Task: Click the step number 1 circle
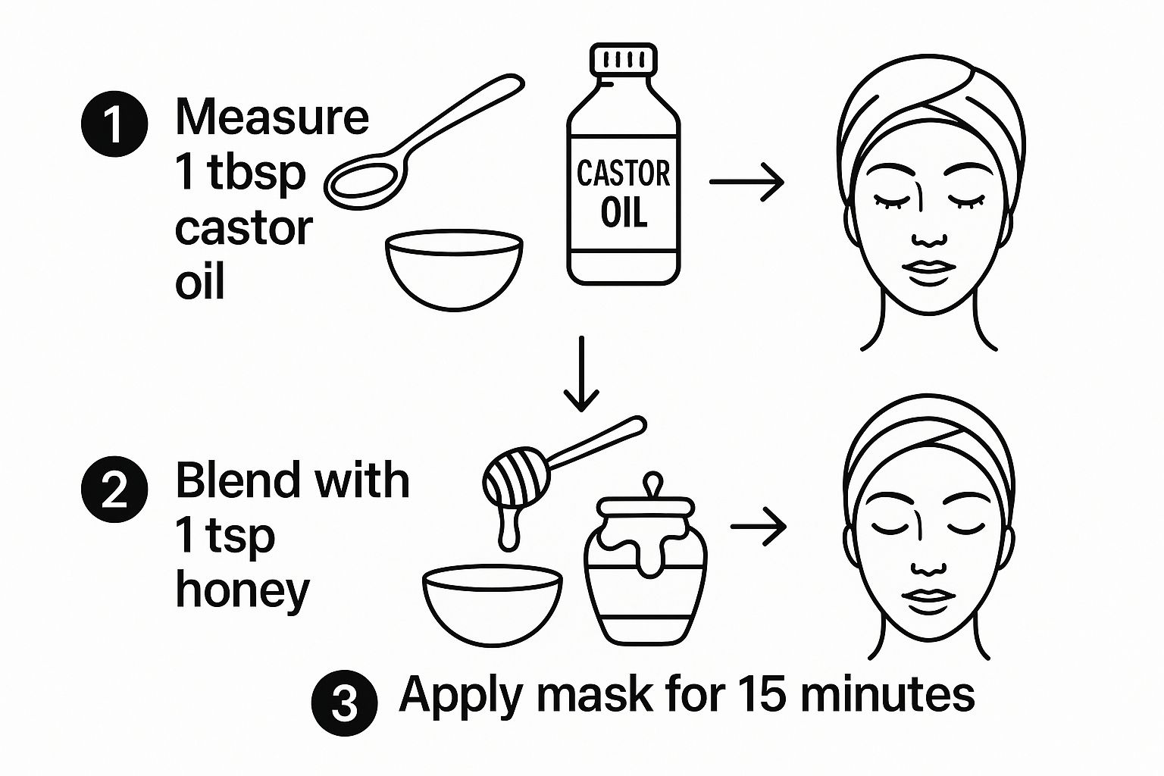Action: tap(114, 124)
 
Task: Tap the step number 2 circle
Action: tap(114, 489)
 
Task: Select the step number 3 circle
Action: tap(345, 703)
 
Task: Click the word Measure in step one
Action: tap(272, 117)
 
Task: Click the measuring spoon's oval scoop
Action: tap(365, 182)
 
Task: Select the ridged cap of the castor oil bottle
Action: tap(623, 59)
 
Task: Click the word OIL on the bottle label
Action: tap(624, 213)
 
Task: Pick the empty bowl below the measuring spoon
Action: tap(454, 270)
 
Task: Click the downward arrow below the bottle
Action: tap(581, 374)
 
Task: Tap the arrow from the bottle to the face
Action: tap(746, 181)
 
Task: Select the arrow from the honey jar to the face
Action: tap(758, 527)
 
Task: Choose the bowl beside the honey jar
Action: tap(492, 606)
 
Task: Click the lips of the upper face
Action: tap(928, 272)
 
